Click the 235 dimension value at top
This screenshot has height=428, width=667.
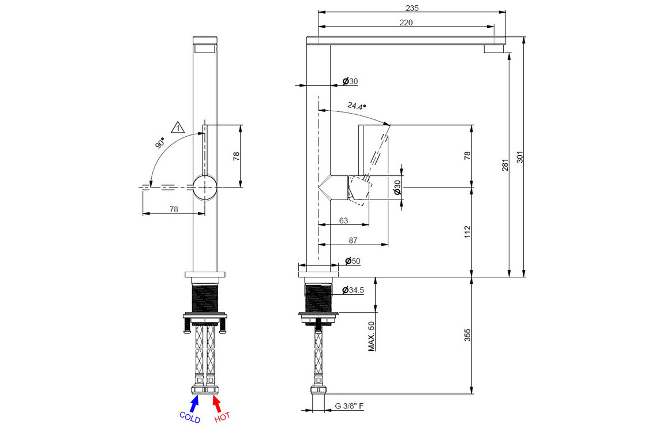coord(412,8)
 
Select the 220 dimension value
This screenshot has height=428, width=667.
coord(406,22)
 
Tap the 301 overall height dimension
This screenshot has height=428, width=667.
coord(519,157)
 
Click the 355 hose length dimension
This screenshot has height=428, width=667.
coord(467,335)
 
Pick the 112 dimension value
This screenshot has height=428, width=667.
coord(467,232)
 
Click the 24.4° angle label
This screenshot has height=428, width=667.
coord(356,106)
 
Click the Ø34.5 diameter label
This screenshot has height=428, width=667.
coord(353,290)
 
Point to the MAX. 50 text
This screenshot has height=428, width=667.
coord(372,336)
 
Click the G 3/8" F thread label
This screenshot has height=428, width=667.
coord(350,406)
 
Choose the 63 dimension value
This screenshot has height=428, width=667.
coord(343,220)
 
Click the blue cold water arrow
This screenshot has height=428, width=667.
coord(195,400)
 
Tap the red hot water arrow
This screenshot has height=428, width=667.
coord(215,400)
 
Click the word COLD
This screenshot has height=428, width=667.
coord(190,417)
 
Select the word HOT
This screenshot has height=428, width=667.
coord(222,417)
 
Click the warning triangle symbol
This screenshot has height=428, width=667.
coord(178,127)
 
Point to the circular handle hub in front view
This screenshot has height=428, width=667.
coord(205,187)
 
